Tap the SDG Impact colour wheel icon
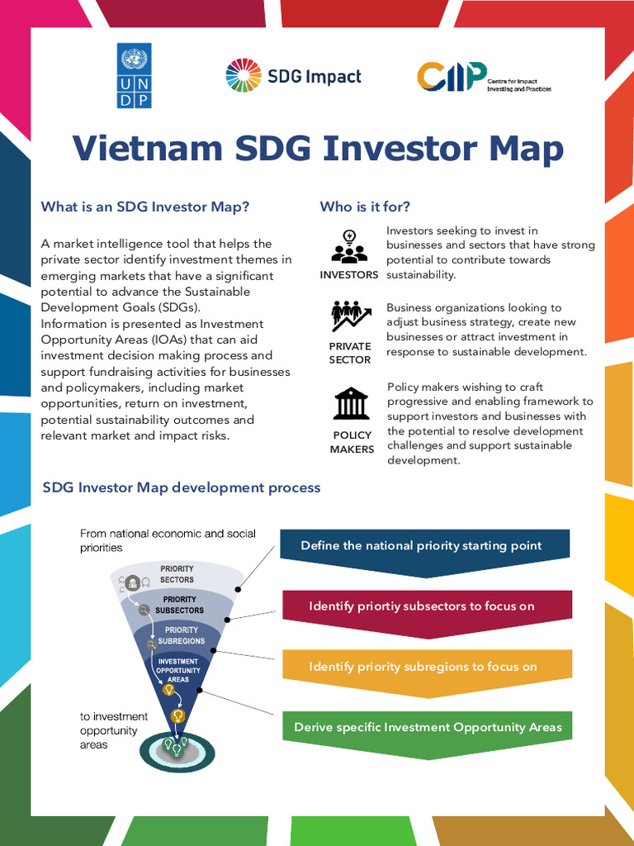coord(243,75)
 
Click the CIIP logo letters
coord(451,77)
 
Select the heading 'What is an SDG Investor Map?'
coord(145,207)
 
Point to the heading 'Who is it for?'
coord(365,207)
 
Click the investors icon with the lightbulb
coord(349,247)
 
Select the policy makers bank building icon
coord(352,403)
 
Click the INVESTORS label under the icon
coord(349,274)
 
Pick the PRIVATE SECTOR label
coord(350,353)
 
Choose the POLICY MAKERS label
coord(352,442)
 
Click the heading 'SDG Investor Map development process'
coord(182,487)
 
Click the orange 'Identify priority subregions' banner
coord(423,667)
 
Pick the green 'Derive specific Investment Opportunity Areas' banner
coord(428,728)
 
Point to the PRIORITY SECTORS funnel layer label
coord(177,574)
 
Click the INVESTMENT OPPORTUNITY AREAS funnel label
coord(178,670)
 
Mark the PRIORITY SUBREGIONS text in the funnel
coord(181,635)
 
